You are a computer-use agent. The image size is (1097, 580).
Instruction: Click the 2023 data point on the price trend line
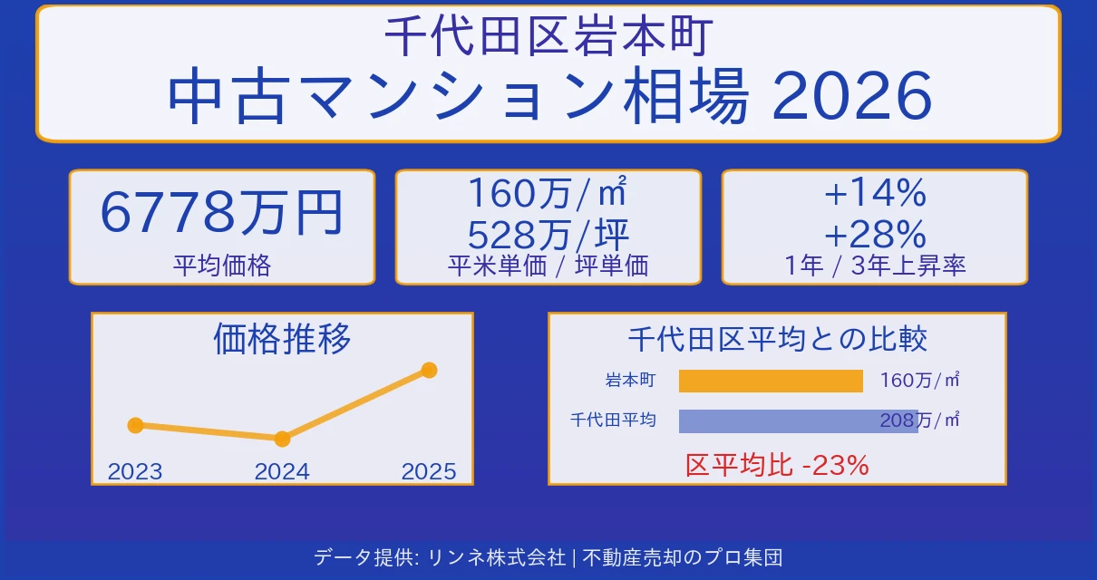coord(136,425)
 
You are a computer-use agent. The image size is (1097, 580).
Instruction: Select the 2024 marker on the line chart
coord(282,439)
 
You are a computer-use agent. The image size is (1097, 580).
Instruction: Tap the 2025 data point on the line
coord(430,370)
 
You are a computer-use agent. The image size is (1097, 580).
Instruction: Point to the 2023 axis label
coord(135,471)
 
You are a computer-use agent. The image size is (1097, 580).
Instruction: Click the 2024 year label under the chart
coord(282,471)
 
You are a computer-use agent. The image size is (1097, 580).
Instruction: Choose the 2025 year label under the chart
coord(429,471)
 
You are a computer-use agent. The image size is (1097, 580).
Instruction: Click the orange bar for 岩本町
coord(771,381)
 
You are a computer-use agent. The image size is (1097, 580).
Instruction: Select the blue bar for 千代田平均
coord(798,420)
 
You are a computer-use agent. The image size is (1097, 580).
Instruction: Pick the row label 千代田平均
coord(613,420)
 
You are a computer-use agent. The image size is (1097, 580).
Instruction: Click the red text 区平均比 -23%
coord(777,466)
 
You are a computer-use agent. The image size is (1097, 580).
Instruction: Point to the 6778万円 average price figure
coord(222,214)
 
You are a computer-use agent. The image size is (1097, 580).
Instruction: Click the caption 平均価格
coord(222,266)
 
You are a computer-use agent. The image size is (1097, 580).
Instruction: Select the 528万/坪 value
coord(548,235)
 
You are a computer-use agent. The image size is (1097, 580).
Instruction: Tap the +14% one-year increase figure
coord(874,193)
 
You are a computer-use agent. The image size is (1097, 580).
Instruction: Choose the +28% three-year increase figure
coord(874,235)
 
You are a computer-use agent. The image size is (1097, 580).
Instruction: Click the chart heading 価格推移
coord(282,339)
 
